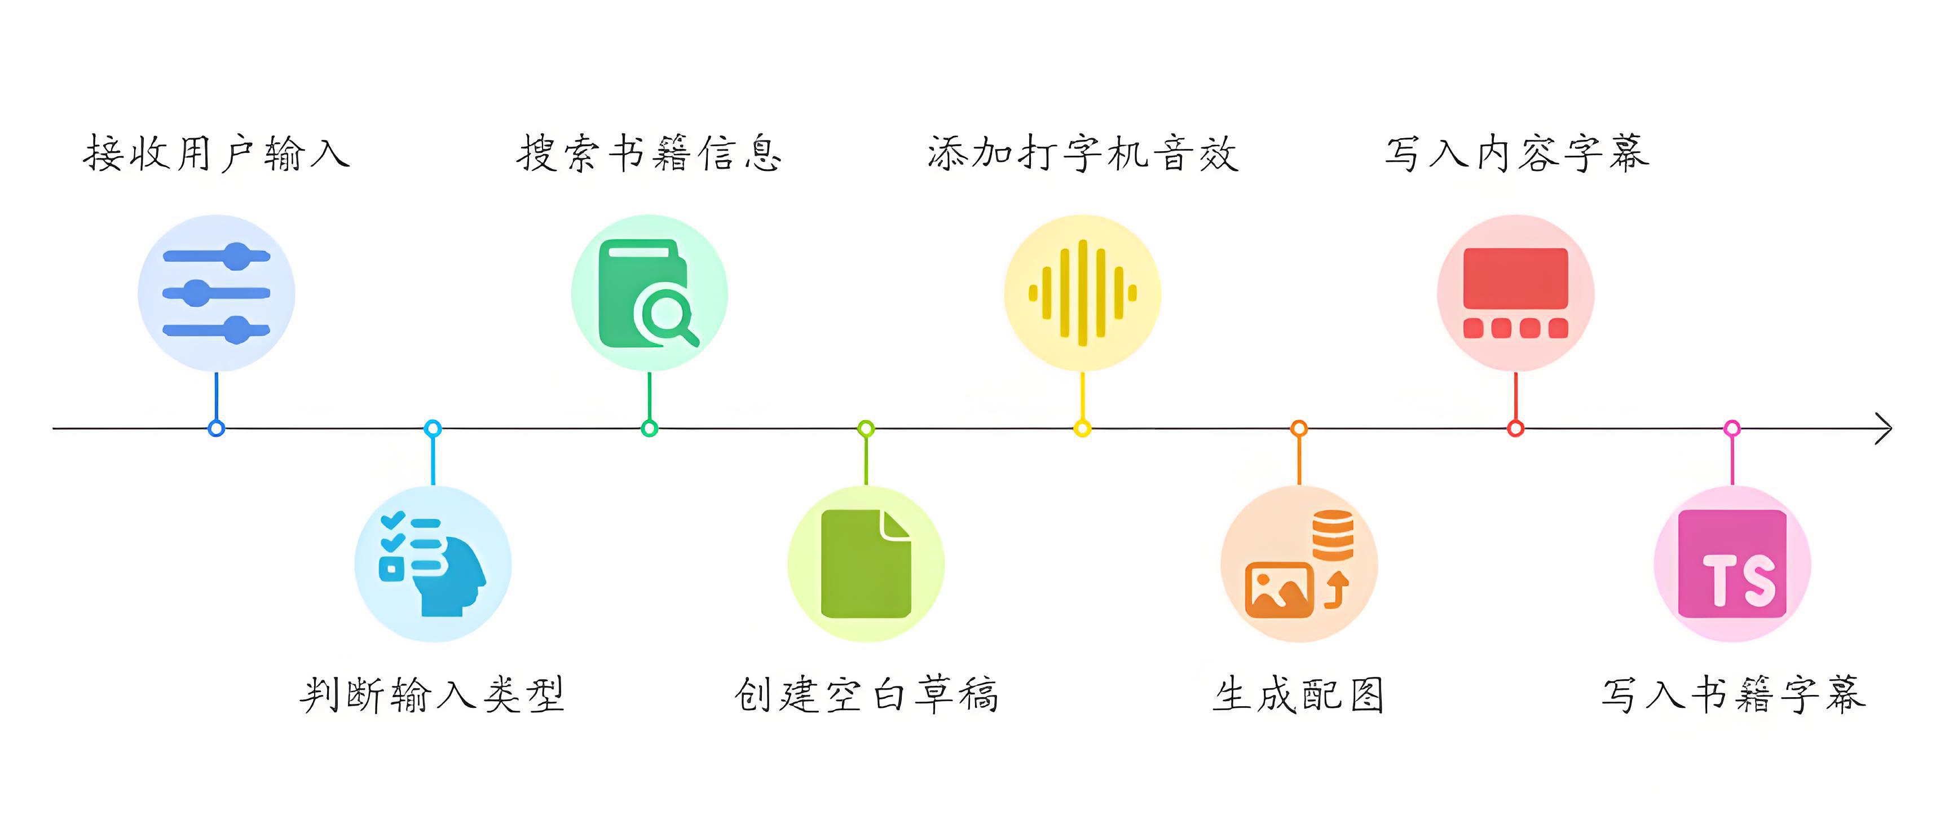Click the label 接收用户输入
[x=217, y=153]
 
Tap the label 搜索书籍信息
[x=649, y=153]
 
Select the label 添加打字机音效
[x=1083, y=153]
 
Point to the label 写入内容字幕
[x=1516, y=153]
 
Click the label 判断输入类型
[x=433, y=695]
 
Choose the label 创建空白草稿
[x=866, y=695]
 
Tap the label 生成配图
[x=1299, y=695]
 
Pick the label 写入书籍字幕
[x=1732, y=695]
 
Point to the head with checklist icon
[x=433, y=565]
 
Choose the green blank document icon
[x=866, y=565]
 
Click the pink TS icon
[x=1732, y=565]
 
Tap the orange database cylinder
[x=1333, y=534]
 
